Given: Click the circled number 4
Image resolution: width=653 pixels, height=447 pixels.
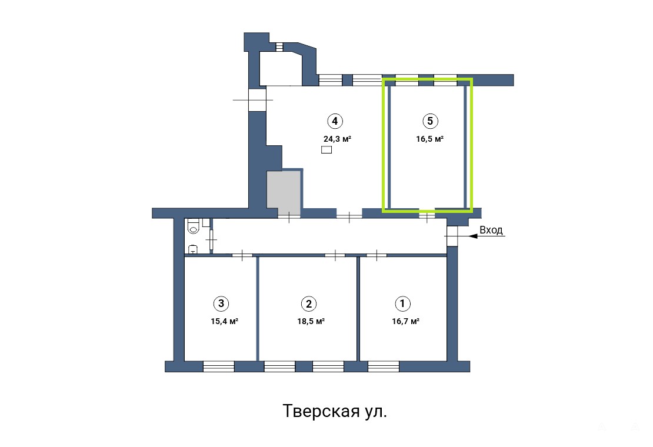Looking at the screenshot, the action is (x=335, y=121).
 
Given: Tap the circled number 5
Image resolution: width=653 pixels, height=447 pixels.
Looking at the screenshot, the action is (x=430, y=121).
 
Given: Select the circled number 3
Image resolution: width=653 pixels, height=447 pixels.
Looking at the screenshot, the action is (x=221, y=303).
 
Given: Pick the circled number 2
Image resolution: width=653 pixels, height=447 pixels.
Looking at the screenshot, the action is (x=309, y=304).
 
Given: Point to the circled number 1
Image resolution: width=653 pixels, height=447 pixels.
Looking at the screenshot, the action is (x=402, y=303).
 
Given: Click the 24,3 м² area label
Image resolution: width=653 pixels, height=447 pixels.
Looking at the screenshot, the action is (x=337, y=139).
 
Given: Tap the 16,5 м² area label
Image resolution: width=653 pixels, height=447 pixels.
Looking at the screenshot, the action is (x=430, y=139).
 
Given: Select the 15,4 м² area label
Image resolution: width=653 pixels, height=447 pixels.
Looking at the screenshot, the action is (x=225, y=321).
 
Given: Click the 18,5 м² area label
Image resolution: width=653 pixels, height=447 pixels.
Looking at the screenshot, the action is (x=311, y=321).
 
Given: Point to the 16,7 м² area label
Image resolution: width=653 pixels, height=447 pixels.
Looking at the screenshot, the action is (x=406, y=321).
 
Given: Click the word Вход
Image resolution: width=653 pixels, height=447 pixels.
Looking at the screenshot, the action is (x=491, y=230).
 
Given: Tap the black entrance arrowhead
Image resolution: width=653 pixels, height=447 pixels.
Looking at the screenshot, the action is (x=474, y=236).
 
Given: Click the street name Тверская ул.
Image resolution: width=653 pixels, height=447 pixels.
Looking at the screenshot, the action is (x=335, y=411).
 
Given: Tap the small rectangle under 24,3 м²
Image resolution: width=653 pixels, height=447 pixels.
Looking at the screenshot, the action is (x=326, y=150).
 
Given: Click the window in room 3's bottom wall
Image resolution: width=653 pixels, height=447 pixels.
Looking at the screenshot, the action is (x=219, y=366).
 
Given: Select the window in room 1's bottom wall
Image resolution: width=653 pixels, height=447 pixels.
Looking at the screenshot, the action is (x=384, y=366).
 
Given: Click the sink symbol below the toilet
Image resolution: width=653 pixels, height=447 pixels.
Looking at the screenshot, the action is (x=193, y=249).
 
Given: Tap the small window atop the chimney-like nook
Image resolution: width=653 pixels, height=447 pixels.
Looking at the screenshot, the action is (x=279, y=46).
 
